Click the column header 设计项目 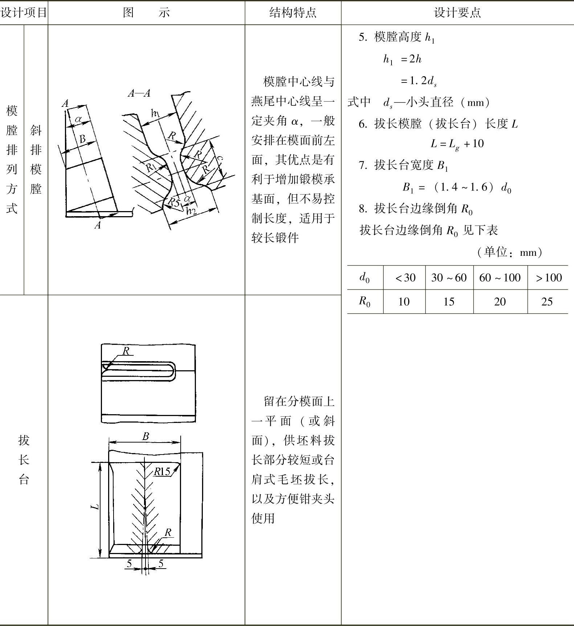click(x=24, y=13)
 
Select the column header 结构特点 click(x=293, y=13)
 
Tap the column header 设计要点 click(x=457, y=13)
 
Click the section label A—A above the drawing click(x=139, y=93)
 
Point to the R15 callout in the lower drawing click(x=162, y=471)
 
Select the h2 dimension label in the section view click(x=191, y=211)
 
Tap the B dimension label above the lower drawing click(x=145, y=436)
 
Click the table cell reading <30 click(x=405, y=278)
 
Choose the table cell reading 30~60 click(x=449, y=278)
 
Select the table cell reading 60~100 click(x=500, y=278)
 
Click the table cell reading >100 click(x=548, y=278)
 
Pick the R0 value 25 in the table click(x=547, y=302)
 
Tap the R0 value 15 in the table click(x=449, y=302)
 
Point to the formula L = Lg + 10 click(x=457, y=144)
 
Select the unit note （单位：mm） click(x=509, y=252)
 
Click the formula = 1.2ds click(x=418, y=81)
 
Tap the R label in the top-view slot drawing click(x=126, y=351)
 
